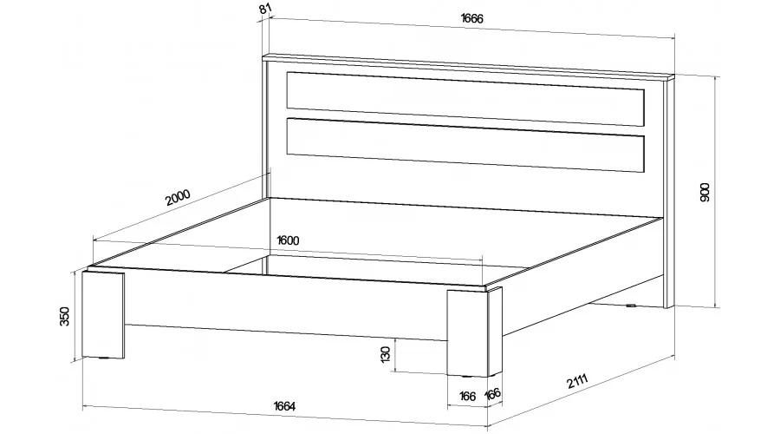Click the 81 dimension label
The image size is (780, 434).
coord(266,9)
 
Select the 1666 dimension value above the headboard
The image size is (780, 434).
coord(472,18)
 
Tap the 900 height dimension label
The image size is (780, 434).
coord(705,193)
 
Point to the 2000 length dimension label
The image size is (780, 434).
coord(178,197)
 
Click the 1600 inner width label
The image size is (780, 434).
coord(288,240)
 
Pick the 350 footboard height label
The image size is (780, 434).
coord(65,317)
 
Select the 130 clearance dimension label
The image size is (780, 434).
coord(386,354)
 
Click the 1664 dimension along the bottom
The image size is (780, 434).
coord(284,406)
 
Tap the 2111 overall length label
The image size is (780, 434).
coord(577,382)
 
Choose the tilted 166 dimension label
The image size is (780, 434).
coord(492,394)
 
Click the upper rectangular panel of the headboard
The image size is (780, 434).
coord(465,99)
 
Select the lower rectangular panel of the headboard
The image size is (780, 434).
coord(465,144)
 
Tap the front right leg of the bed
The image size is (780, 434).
coord(473,332)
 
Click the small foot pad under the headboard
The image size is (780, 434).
coord(631,306)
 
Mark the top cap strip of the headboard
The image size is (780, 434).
coord(468,67)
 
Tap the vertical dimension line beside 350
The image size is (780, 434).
coord(75,317)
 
